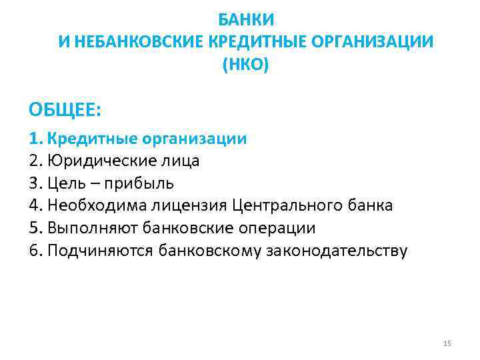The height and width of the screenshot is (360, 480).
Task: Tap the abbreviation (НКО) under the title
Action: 246,65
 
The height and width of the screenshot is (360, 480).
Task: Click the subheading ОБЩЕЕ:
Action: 64,107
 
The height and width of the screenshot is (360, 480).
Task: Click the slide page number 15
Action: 447,343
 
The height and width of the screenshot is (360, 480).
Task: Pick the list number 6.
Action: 35,251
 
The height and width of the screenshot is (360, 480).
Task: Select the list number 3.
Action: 35,183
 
